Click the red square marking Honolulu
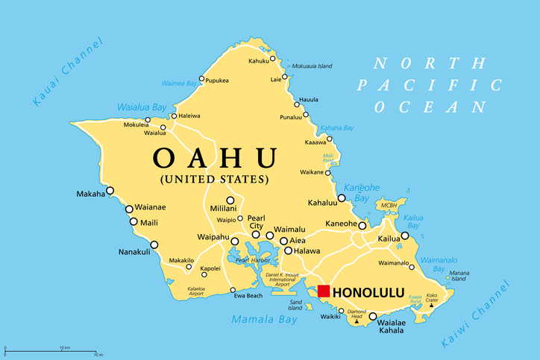click(324, 291)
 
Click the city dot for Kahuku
click(272, 58)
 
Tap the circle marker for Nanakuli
click(154, 244)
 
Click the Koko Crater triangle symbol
click(432, 305)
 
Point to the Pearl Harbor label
click(253, 260)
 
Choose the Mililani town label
click(223, 209)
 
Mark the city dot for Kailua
click(405, 236)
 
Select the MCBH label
click(389, 205)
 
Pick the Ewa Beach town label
click(248, 296)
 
